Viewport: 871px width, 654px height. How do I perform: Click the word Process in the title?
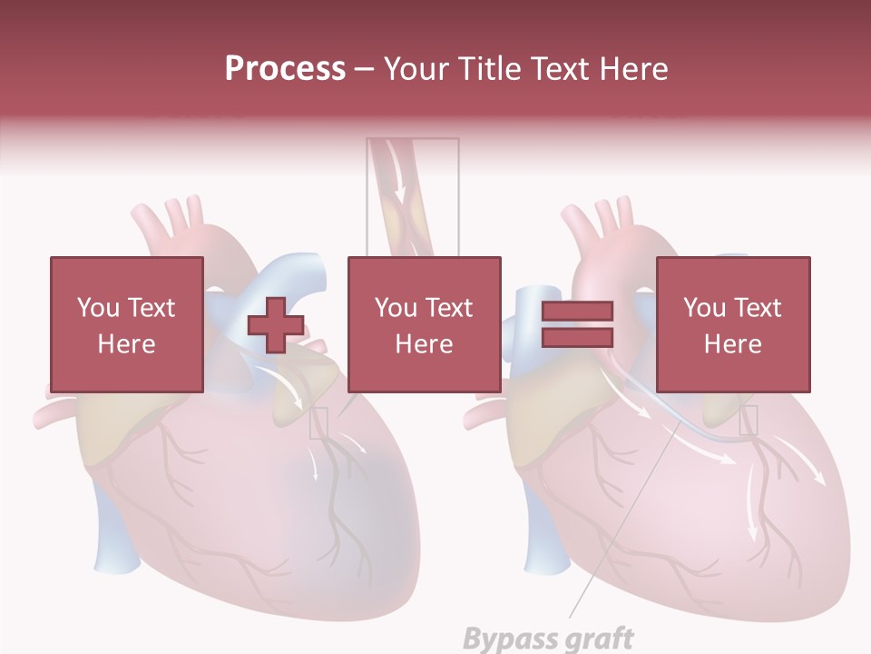[285, 69]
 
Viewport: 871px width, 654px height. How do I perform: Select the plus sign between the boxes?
[276, 324]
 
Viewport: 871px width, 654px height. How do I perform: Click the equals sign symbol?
[577, 324]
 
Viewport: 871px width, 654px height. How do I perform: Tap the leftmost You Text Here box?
[126, 324]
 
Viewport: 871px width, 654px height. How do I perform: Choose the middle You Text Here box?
[424, 324]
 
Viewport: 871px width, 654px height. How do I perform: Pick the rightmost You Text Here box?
[732, 324]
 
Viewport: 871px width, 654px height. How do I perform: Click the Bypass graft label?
[548, 639]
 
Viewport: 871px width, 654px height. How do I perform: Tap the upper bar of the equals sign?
[577, 312]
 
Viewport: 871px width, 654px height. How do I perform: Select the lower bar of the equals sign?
[577, 337]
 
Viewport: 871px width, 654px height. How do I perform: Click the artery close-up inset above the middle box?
[413, 195]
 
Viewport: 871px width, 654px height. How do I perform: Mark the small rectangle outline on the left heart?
[318, 422]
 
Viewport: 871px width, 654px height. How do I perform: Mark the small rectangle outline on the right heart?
[749, 420]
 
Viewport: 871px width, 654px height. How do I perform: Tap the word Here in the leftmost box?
[126, 344]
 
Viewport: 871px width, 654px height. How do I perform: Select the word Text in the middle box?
[447, 308]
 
